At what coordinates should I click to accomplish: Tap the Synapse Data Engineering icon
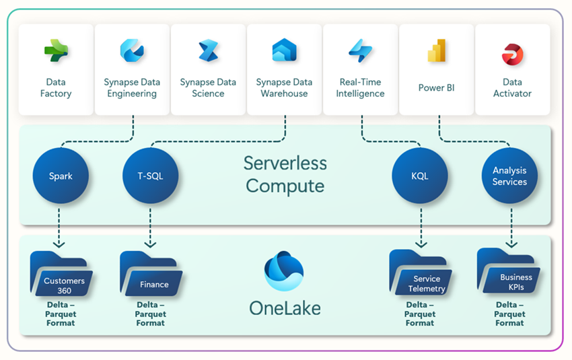(132, 51)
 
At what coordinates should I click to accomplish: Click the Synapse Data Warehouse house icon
(284, 51)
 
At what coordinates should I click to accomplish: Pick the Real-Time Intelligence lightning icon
(360, 51)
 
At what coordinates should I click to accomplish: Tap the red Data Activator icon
(512, 54)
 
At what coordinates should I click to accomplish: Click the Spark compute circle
(61, 176)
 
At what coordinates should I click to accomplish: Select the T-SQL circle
(150, 176)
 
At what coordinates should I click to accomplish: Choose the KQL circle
(420, 176)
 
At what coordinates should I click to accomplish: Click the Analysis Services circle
(509, 176)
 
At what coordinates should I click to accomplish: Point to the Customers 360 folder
(61, 274)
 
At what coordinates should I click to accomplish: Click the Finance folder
(150, 275)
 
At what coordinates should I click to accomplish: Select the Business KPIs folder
(509, 272)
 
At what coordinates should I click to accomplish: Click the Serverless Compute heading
(285, 174)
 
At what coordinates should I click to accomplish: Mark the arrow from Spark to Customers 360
(61, 228)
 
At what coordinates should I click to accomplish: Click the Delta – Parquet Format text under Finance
(150, 314)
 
